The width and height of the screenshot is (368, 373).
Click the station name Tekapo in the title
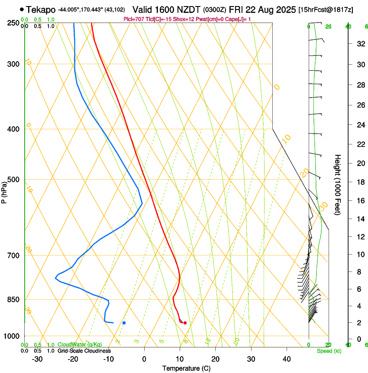41,10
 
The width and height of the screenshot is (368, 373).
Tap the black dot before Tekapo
22,9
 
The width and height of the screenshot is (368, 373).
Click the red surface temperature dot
185,323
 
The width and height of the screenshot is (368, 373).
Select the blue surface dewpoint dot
124,323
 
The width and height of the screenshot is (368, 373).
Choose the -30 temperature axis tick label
37,359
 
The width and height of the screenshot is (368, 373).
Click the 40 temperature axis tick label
286,359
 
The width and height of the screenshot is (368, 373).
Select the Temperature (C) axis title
186,368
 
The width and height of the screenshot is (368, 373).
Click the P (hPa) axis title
4,191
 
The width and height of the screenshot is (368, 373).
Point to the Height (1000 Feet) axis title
338,184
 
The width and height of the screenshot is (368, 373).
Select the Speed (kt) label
329,351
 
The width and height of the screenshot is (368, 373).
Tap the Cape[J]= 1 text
239,19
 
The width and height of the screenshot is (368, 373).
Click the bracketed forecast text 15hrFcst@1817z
326,10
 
